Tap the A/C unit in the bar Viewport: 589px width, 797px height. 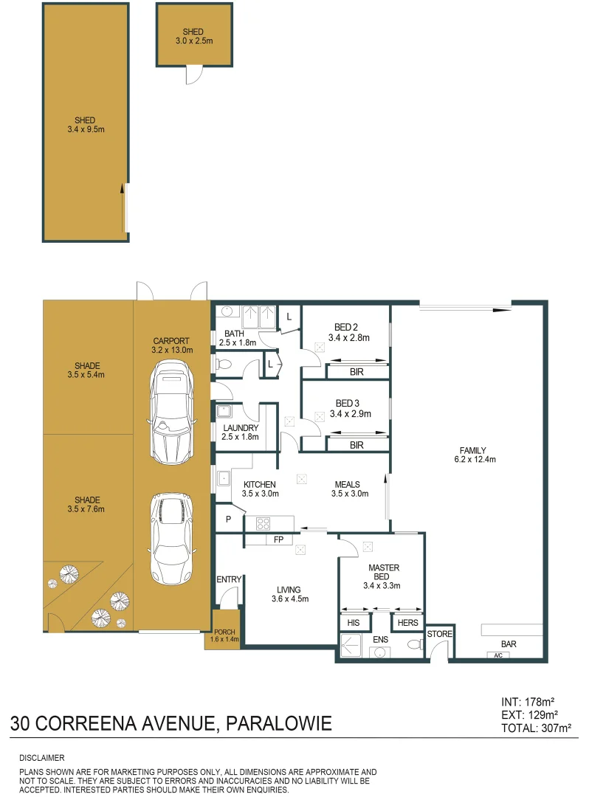(x=497, y=655)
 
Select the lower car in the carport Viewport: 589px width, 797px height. (x=170, y=539)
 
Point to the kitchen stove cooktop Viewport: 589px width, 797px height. (x=263, y=524)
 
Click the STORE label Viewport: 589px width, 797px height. (x=439, y=634)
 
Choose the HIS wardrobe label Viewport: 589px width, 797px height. (x=354, y=623)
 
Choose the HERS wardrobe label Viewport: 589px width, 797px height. (x=407, y=623)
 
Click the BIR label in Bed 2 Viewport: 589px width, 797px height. (x=356, y=373)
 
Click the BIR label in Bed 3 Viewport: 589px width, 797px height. (x=356, y=445)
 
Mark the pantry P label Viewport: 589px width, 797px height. (x=228, y=519)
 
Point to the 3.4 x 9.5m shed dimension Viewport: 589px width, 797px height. (x=85, y=130)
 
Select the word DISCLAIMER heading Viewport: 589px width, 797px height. (x=42, y=758)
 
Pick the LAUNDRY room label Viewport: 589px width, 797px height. (x=239, y=428)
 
